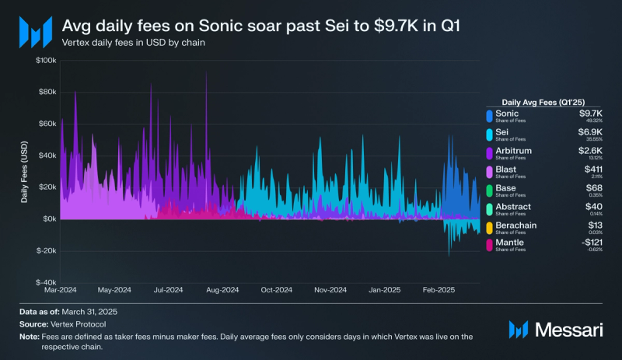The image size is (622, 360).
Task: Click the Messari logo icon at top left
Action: [x=33, y=32]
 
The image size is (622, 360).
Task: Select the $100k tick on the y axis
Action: [x=45, y=60]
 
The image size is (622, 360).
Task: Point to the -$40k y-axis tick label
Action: [x=44, y=283]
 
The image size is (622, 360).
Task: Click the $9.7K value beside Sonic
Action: [x=592, y=114]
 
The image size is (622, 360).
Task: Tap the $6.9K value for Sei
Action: [x=592, y=132]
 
